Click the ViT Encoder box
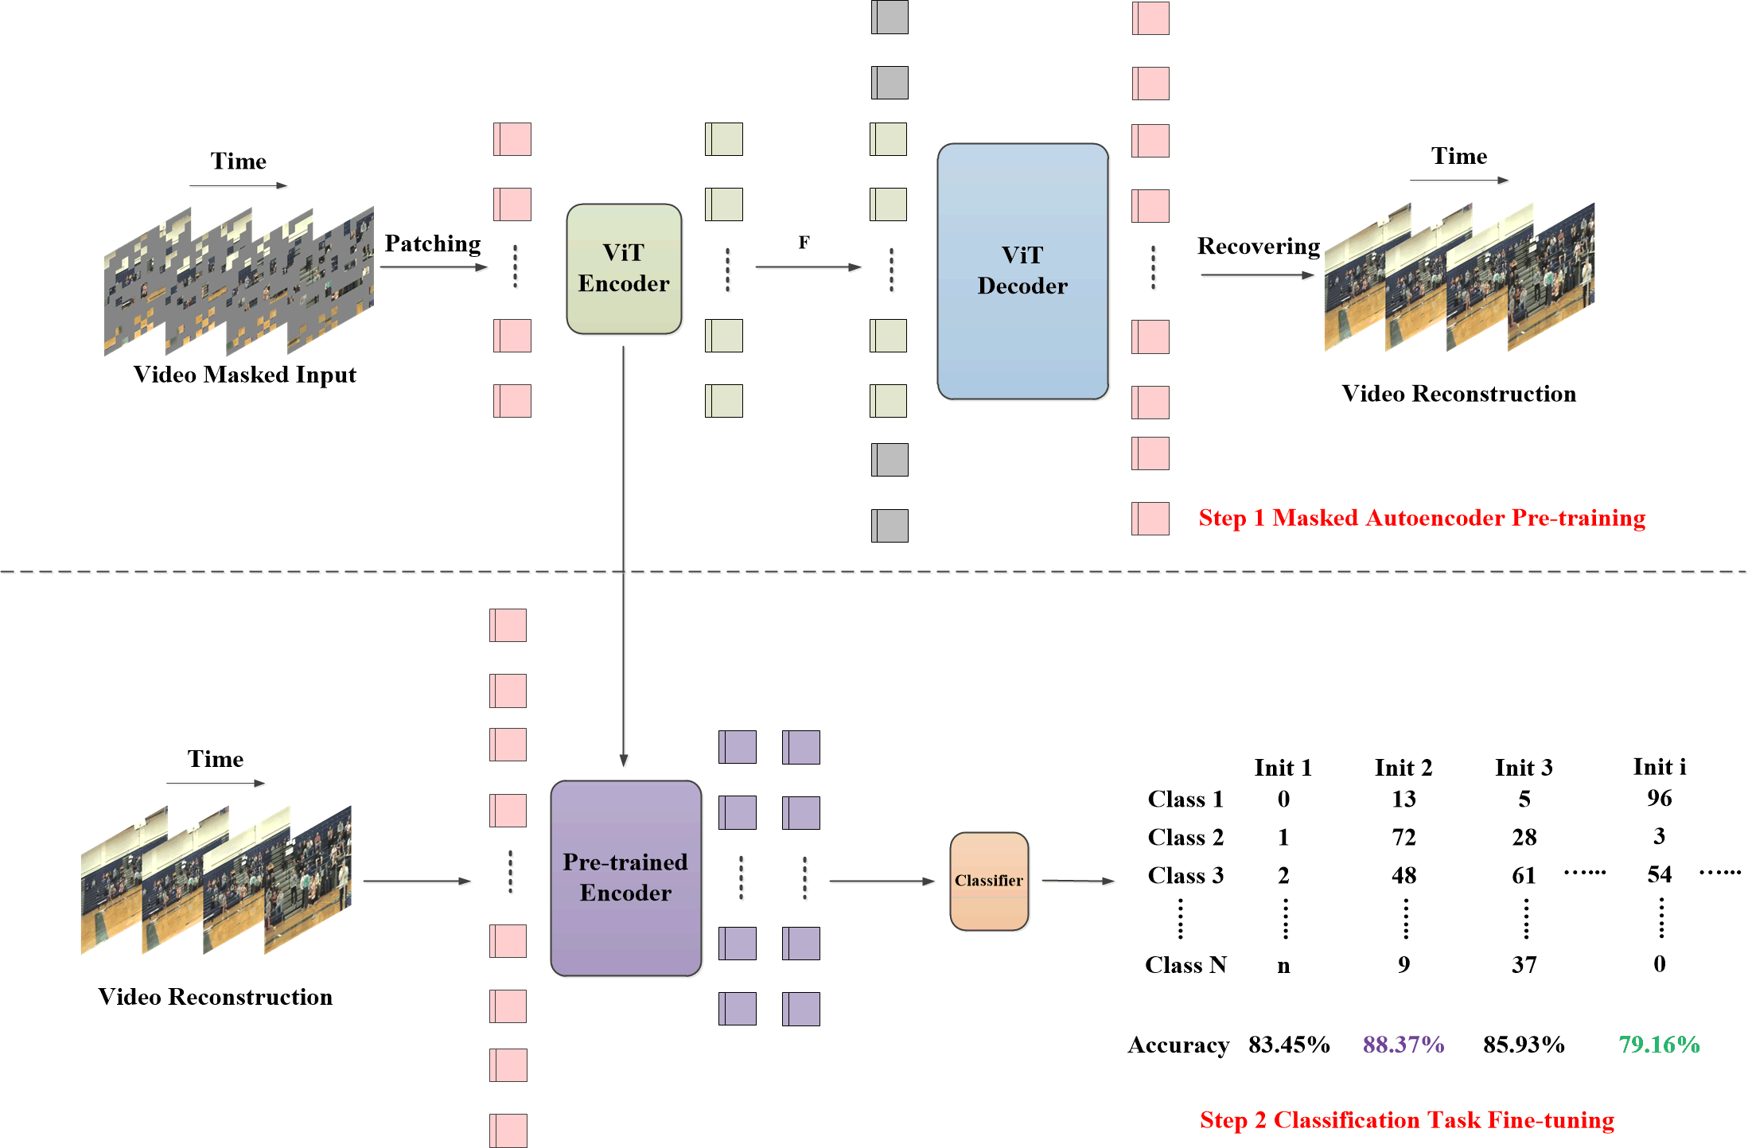[x=624, y=269]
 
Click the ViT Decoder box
[x=1022, y=270]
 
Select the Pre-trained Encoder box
[x=625, y=878]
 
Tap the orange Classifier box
[x=989, y=881]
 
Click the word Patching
[x=433, y=243]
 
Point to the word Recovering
[x=1258, y=246]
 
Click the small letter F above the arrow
[x=804, y=243]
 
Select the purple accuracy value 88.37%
[x=1403, y=1045]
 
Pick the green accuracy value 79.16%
[x=1659, y=1045]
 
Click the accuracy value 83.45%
[x=1289, y=1045]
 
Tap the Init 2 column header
[x=1403, y=768]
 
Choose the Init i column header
[x=1660, y=767]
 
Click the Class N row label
[x=1185, y=965]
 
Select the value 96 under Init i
[x=1660, y=798]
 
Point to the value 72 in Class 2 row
[x=1403, y=837]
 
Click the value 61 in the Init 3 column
[x=1524, y=875]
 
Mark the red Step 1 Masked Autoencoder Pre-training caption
[x=1422, y=518]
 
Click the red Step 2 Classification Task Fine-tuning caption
[x=1407, y=1120]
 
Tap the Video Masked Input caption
[x=244, y=375]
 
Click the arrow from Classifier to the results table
[x=1078, y=881]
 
